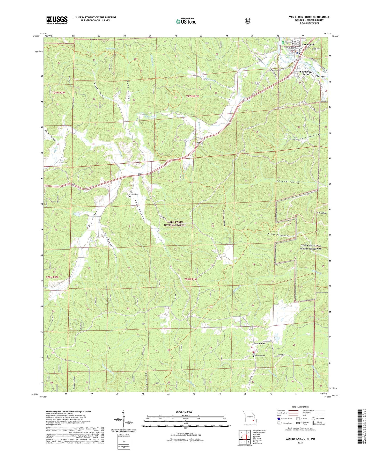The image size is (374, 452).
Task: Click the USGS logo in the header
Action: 57,20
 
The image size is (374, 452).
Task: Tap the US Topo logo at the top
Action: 186,21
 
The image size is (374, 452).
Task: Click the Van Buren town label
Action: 308,45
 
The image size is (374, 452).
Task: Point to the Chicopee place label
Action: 320,76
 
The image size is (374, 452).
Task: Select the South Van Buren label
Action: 306,73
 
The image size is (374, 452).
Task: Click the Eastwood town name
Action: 259,343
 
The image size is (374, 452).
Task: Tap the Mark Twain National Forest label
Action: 175,224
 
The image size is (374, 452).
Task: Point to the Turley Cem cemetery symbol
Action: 61,161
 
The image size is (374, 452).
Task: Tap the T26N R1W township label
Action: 191,279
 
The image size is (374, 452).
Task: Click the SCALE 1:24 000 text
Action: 184,412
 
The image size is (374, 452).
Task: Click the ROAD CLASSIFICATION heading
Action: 300,407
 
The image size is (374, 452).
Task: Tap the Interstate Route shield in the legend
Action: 278,418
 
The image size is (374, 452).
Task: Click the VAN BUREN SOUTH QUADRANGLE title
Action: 309,17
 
